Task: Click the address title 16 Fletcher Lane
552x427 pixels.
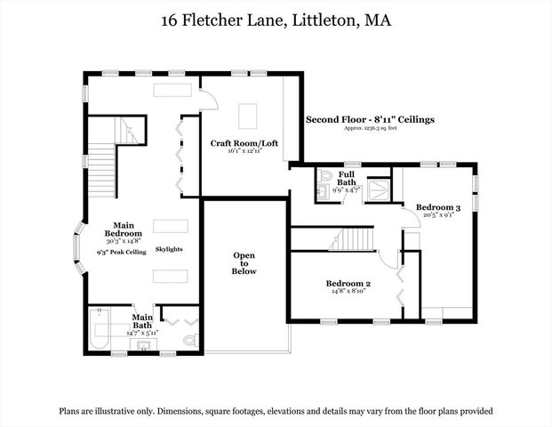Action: [276, 19]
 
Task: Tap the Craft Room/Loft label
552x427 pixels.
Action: [241, 142]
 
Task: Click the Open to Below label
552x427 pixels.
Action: [244, 263]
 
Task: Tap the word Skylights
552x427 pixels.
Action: [169, 249]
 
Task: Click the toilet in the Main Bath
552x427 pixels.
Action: [189, 339]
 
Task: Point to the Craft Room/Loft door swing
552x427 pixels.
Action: [210, 99]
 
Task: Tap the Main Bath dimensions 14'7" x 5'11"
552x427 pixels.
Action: [142, 332]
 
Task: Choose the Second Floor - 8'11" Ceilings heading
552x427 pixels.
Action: [370, 118]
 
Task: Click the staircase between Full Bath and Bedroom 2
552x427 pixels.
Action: [352, 238]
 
